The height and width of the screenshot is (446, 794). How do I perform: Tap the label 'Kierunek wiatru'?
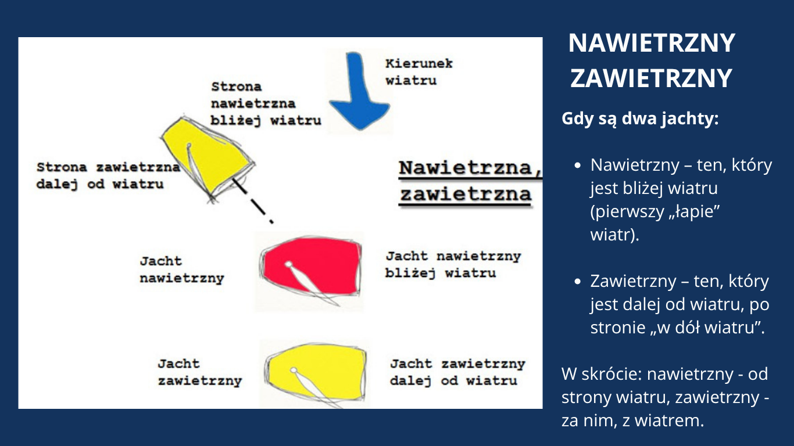pyautogui.click(x=419, y=72)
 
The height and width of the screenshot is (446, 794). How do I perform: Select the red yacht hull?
pyautogui.click(x=311, y=267)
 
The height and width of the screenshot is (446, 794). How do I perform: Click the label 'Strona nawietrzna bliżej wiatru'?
pyautogui.click(x=266, y=103)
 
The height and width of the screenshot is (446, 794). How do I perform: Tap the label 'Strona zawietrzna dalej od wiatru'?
pyautogui.click(x=108, y=176)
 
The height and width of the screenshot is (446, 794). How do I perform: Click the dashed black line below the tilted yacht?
pyautogui.click(x=252, y=201)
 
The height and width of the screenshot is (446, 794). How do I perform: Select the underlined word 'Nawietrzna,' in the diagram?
pyautogui.click(x=470, y=168)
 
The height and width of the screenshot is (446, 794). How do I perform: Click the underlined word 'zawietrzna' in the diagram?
pyautogui.click(x=466, y=194)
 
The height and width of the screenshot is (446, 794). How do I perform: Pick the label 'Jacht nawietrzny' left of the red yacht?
pyautogui.click(x=182, y=269)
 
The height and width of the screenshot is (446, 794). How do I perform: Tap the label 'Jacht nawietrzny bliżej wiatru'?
pyautogui.click(x=453, y=265)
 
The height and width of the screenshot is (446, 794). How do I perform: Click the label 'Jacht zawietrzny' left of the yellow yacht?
pyautogui.click(x=199, y=372)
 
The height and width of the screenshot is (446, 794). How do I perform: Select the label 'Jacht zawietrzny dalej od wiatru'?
pyautogui.click(x=457, y=372)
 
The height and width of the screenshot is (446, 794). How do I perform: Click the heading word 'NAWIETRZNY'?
pyautogui.click(x=652, y=43)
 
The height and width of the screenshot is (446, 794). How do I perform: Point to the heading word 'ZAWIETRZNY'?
pyautogui.click(x=651, y=78)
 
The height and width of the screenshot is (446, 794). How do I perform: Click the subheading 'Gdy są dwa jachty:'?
pyautogui.click(x=640, y=118)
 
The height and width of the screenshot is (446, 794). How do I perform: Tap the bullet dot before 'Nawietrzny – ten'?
pyautogui.click(x=578, y=165)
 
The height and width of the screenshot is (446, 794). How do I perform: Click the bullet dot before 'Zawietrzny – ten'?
pyautogui.click(x=578, y=281)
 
